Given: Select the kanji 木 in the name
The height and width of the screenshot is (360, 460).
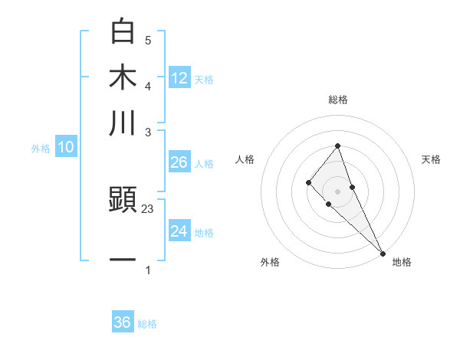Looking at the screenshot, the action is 123,77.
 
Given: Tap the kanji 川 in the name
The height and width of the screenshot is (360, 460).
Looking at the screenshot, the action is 123,123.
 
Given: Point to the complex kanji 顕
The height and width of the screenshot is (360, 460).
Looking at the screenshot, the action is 123,201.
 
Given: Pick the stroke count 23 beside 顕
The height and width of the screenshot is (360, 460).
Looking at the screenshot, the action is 148,208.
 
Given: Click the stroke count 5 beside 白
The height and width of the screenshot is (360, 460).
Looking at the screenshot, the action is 148,40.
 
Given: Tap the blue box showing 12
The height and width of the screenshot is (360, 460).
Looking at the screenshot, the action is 179,77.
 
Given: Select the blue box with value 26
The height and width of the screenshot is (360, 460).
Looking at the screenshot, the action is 179,162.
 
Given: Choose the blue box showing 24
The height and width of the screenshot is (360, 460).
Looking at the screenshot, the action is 179,231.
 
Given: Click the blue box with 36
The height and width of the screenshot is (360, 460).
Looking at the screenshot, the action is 123,322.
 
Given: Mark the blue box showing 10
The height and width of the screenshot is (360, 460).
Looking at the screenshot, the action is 65,148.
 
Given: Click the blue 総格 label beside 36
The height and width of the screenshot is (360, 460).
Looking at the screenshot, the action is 147,324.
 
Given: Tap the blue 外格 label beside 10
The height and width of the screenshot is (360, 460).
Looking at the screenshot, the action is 41,149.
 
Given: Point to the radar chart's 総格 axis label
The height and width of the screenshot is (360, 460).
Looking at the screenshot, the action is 337,100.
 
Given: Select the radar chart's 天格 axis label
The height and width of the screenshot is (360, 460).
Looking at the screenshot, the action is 431,159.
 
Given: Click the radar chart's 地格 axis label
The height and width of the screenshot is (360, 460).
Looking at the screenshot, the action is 402,262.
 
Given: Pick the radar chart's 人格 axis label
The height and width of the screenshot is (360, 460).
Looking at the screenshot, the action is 245,159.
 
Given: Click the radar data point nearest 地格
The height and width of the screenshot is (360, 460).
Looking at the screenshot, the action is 382,252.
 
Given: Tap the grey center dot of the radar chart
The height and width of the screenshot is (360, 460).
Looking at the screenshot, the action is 337,191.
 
